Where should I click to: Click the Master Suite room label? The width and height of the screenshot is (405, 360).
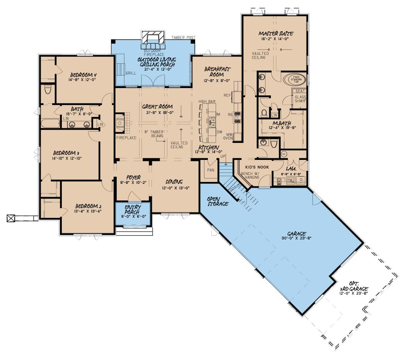pos(276,34)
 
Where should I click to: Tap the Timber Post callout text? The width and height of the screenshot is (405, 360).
pos(184,37)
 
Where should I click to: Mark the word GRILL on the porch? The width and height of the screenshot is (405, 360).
pos(131,73)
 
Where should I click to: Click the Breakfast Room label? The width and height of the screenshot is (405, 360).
pos(218,71)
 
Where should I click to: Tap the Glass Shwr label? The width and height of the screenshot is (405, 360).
pos(300,99)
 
